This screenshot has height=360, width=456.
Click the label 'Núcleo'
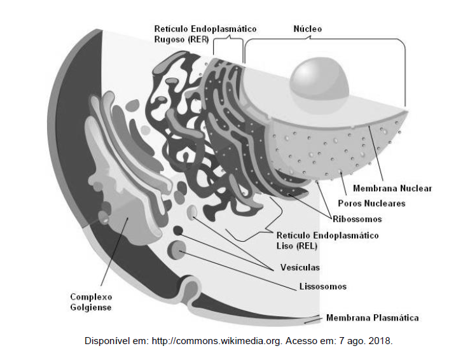(x=307, y=29)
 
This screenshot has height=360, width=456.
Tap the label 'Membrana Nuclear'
(x=392, y=188)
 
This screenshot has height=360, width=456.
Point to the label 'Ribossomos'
(x=357, y=219)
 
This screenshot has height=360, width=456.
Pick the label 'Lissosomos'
(x=323, y=286)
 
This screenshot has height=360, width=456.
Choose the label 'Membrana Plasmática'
(x=372, y=317)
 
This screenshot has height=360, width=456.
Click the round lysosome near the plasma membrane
(x=177, y=251)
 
